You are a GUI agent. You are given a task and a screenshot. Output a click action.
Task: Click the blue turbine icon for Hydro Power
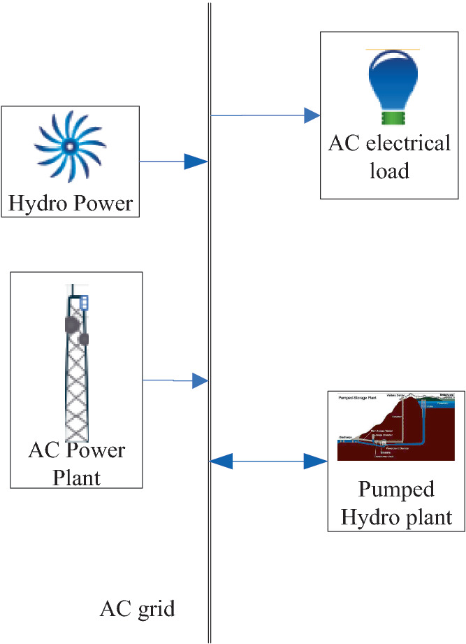coord(69,145)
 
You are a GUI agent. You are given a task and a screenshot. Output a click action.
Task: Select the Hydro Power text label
coord(70,203)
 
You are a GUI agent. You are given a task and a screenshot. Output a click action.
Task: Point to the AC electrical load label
coord(389,157)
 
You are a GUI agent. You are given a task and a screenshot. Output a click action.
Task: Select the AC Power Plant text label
coord(76,463)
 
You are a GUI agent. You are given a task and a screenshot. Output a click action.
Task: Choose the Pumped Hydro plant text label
coord(395,503)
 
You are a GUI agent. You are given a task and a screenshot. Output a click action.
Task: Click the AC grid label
coord(137,608)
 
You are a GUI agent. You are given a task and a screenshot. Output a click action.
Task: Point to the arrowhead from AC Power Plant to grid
coord(201,381)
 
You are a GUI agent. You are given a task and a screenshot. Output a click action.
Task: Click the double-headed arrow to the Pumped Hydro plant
coord(269,461)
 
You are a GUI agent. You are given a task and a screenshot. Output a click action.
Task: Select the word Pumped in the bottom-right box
coord(395,488)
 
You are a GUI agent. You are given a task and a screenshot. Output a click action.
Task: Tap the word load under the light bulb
coord(389,170)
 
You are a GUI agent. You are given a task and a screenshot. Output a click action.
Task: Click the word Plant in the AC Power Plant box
coord(77,478)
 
